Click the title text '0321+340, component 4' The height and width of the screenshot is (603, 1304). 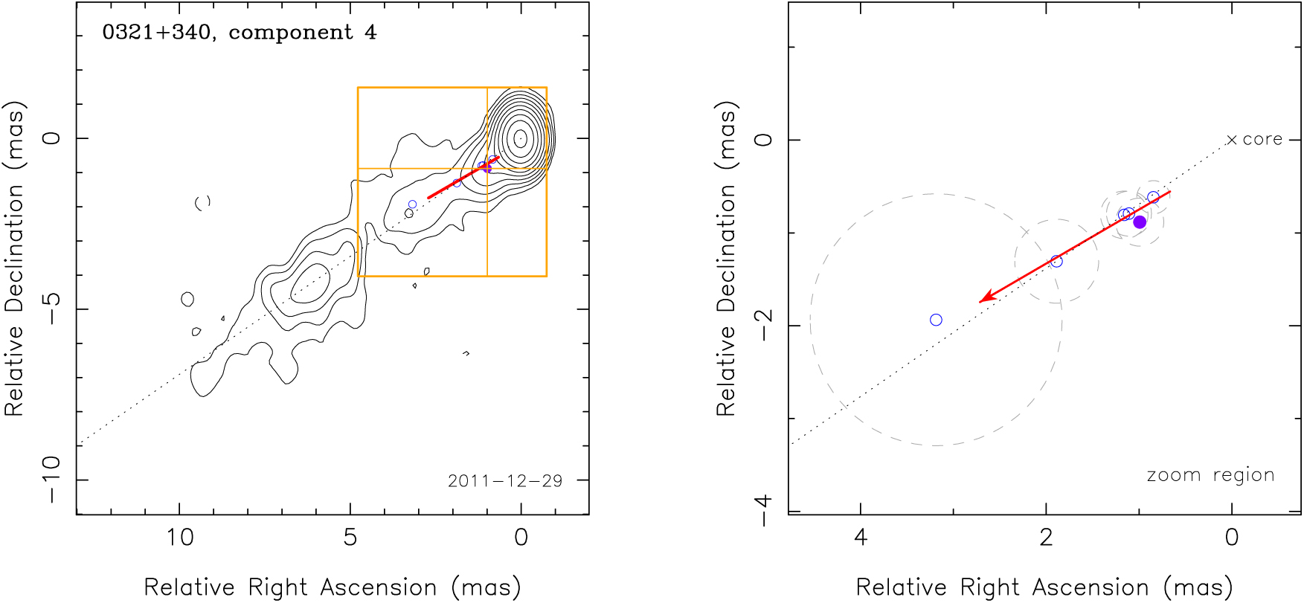point(240,33)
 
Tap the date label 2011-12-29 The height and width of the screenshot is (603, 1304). point(505,481)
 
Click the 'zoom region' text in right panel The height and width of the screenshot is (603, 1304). point(1210,475)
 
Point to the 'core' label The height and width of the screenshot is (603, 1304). point(1262,139)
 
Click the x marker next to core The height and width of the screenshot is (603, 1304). point(1232,140)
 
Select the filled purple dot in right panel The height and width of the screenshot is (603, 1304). point(1139,222)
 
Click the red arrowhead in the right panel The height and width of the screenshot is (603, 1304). point(984,300)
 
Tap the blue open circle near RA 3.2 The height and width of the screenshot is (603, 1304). point(936,320)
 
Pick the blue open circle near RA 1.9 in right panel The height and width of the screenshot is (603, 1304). point(1056,261)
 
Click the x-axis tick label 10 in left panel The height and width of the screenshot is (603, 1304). point(179,537)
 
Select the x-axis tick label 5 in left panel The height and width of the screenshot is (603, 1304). point(350,537)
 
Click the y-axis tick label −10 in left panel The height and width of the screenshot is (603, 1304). point(51,480)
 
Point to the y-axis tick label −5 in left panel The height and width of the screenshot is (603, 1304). point(51,309)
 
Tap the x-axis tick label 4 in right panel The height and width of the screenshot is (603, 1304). point(861,537)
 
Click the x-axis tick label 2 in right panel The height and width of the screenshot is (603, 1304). point(1046,537)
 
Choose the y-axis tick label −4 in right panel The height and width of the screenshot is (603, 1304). point(763,511)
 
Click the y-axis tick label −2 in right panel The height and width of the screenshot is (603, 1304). point(763,325)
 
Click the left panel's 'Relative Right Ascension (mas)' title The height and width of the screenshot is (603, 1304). point(332,587)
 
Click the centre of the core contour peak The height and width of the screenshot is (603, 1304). point(521,138)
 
